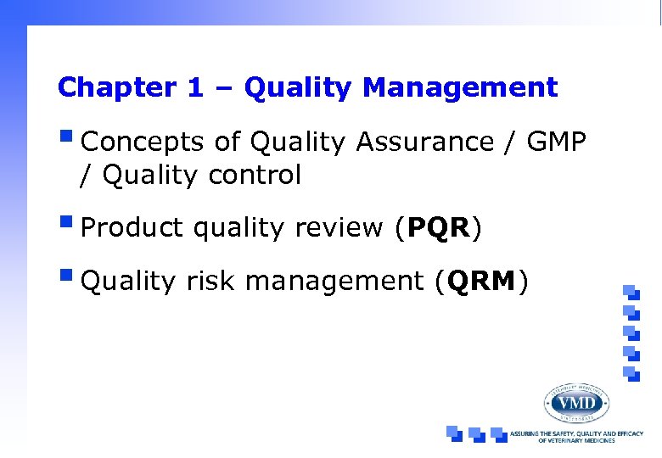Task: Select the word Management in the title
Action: (x=459, y=87)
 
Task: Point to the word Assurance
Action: (x=424, y=142)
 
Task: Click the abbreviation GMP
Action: (x=556, y=142)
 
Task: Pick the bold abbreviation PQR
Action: (x=439, y=227)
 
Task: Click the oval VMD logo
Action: (x=576, y=403)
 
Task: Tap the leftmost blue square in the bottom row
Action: (x=455, y=433)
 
